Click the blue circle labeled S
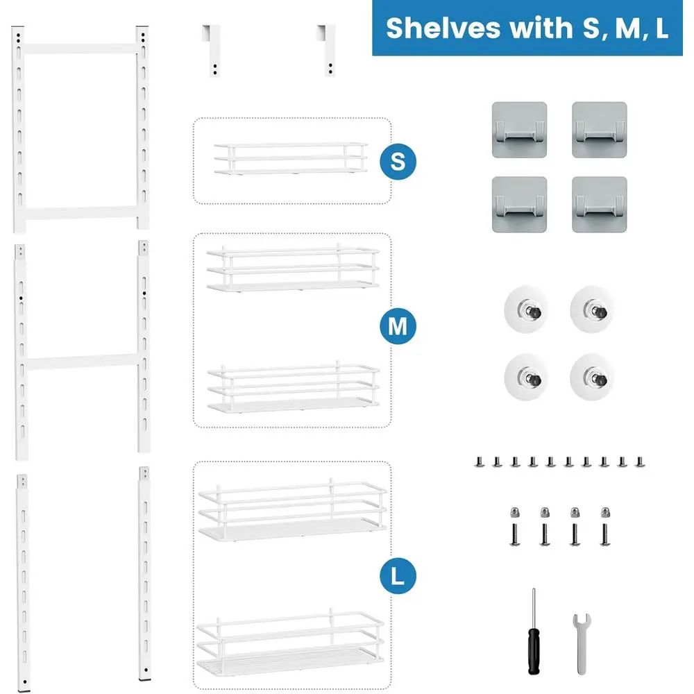pyautogui.click(x=398, y=162)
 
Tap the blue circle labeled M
pyautogui.click(x=398, y=326)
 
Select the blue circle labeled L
pyautogui.click(x=398, y=576)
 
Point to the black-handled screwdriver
pyautogui.click(x=534, y=632)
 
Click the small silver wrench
pyautogui.click(x=581, y=644)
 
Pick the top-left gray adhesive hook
pyautogui.click(x=519, y=130)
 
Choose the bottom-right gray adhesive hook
pyautogui.click(x=600, y=205)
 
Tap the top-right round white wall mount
pyautogui.click(x=592, y=310)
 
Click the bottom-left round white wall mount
pyautogui.click(x=526, y=377)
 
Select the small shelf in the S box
pyautogui.click(x=291, y=158)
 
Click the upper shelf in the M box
pyautogui.click(x=293, y=268)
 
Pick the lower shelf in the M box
pyautogui.click(x=294, y=387)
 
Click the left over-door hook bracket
pyautogui.click(x=212, y=51)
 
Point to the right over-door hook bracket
pyautogui.click(x=328, y=51)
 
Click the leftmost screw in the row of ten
pyautogui.click(x=479, y=462)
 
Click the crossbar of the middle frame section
pyautogui.click(x=83, y=362)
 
